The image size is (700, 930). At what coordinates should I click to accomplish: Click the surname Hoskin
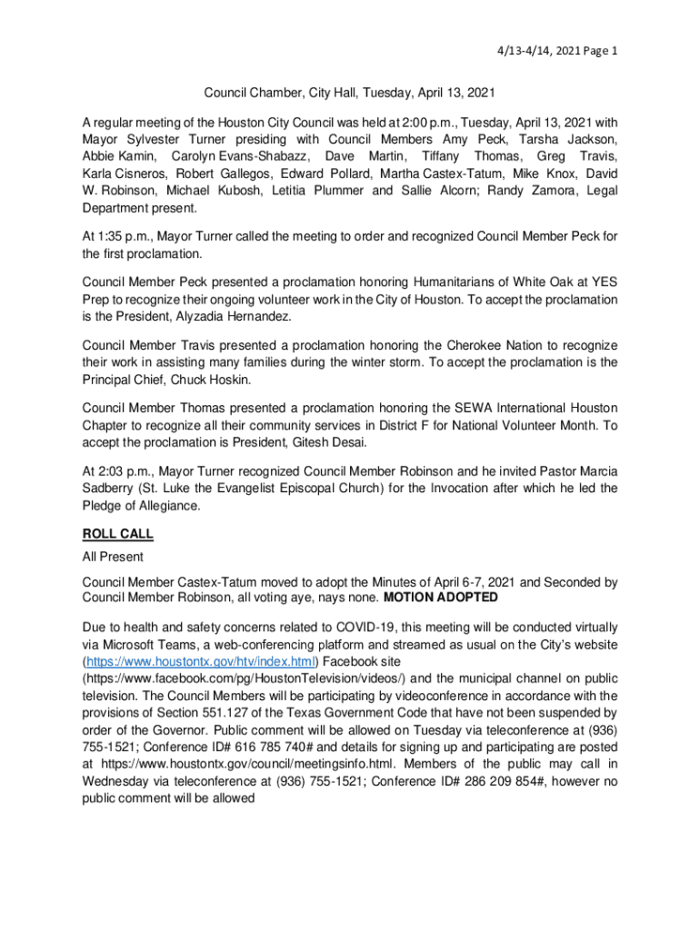(222, 379)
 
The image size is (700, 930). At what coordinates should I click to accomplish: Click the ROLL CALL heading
(118, 534)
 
